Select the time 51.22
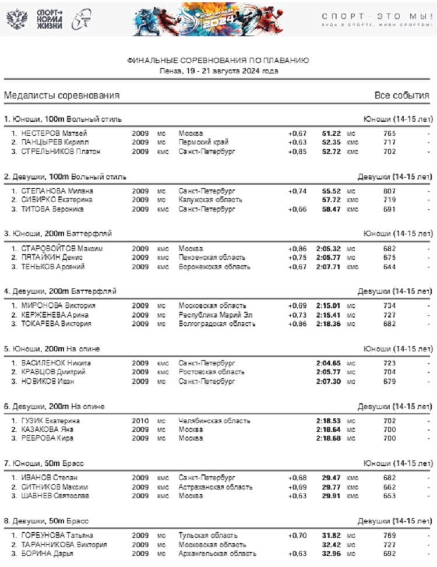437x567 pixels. click(331, 133)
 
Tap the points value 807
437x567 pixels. click(389, 191)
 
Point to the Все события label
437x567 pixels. click(401, 96)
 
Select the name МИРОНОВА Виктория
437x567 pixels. click(58, 305)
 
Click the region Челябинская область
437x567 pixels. click(214, 420)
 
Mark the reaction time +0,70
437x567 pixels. click(297, 535)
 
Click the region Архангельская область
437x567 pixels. click(217, 554)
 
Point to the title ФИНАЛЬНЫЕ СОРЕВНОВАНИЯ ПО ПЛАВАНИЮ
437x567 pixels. click(218, 61)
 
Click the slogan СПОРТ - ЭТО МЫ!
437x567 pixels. click(377, 16)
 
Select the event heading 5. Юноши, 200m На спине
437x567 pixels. click(52, 348)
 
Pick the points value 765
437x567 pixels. click(389, 133)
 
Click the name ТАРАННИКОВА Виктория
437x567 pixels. click(64, 544)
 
